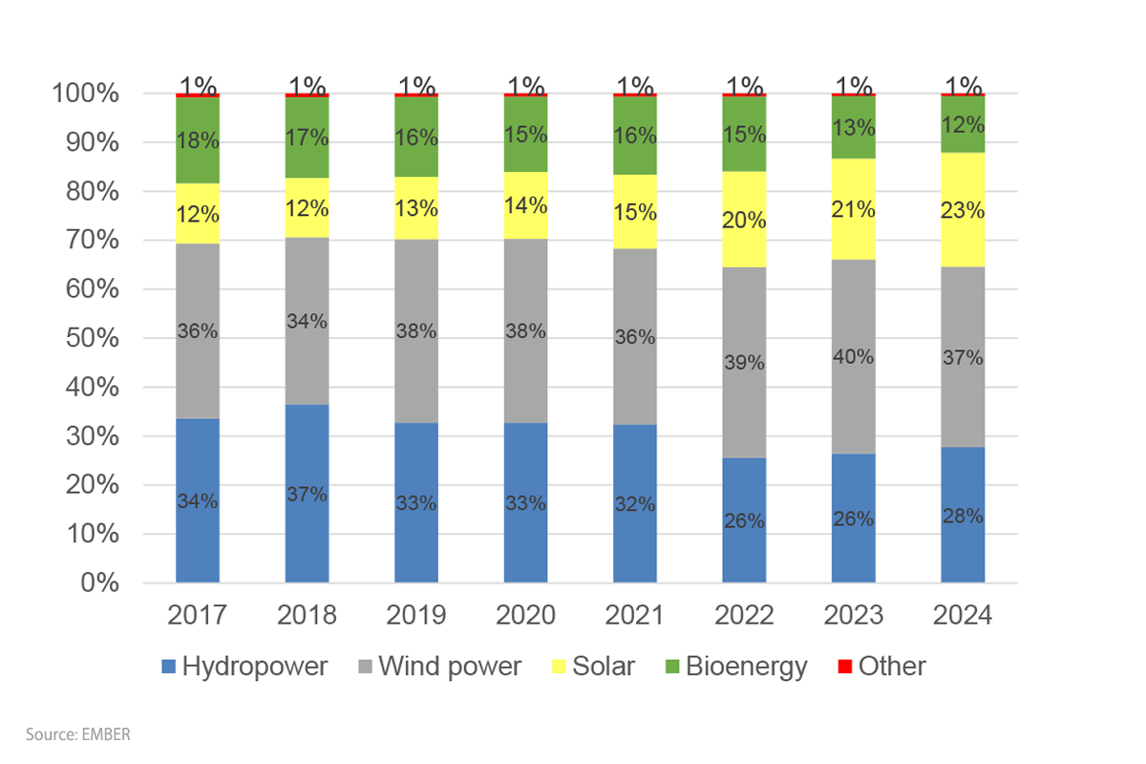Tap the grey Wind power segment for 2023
point(854,315)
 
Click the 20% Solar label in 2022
point(745,221)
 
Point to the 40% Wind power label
point(854,358)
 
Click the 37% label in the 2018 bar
point(308,495)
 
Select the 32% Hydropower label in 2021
point(635,504)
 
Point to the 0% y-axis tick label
point(99,583)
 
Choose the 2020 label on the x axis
point(525,614)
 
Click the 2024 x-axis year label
point(963,614)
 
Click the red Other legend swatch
point(845,667)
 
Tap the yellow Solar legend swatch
point(559,667)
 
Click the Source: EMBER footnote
point(77,735)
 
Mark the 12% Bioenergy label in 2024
point(963,124)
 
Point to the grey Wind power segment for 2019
point(416,286)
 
